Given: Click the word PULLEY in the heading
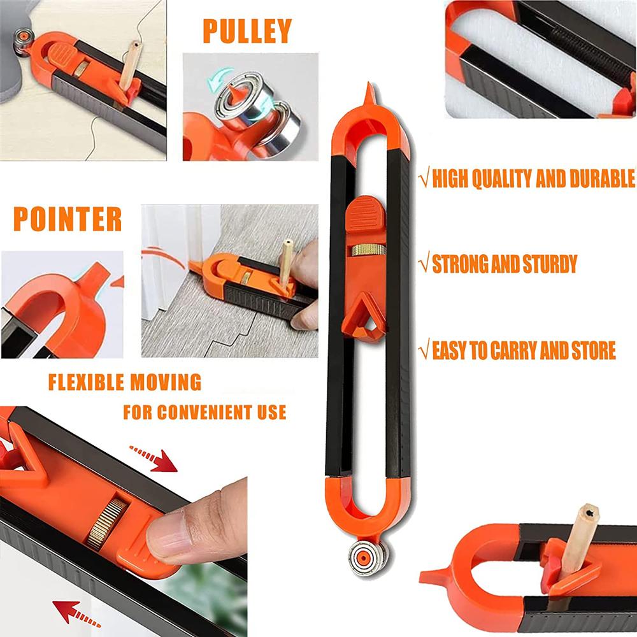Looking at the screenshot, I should pyautogui.click(x=247, y=31).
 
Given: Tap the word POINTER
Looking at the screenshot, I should pyautogui.click(x=68, y=218).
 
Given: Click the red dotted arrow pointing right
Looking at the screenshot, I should pyautogui.click(x=154, y=459).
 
